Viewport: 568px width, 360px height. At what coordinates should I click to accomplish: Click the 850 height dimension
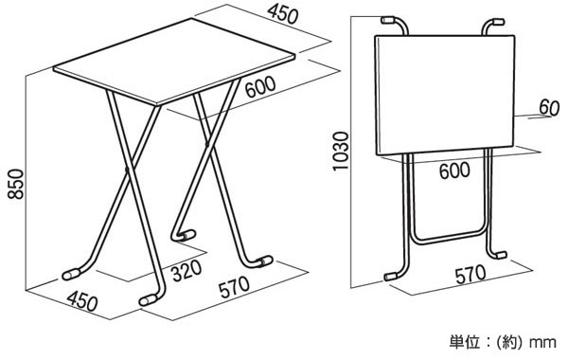[x=16, y=184]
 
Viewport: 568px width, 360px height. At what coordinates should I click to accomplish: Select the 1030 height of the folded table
[x=341, y=151]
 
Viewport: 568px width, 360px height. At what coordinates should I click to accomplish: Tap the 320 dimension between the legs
[x=186, y=271]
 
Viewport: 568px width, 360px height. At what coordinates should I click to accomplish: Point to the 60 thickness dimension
[x=549, y=108]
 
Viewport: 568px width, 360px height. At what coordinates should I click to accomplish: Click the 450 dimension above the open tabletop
[x=283, y=15]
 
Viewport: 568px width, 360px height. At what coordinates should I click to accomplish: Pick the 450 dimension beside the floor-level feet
[x=82, y=301]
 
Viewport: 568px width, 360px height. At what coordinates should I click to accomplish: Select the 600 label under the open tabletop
[x=260, y=87]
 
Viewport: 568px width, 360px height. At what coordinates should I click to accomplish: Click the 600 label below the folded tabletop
[x=454, y=171]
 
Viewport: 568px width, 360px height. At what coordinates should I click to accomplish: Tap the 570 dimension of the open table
[x=234, y=287]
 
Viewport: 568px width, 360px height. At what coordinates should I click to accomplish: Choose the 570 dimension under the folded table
[x=470, y=275]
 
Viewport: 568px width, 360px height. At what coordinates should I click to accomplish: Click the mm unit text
[x=542, y=342]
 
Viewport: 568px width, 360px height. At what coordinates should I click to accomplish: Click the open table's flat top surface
[x=174, y=62]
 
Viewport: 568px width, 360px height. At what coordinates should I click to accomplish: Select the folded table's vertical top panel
[x=445, y=95]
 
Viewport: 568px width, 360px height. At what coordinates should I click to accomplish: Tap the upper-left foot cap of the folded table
[x=388, y=20]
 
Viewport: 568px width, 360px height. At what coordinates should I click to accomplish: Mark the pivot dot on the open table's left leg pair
[x=127, y=170]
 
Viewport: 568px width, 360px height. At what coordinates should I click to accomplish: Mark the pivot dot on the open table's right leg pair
[x=207, y=145]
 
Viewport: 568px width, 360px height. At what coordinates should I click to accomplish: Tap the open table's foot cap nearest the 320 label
[x=188, y=236]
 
